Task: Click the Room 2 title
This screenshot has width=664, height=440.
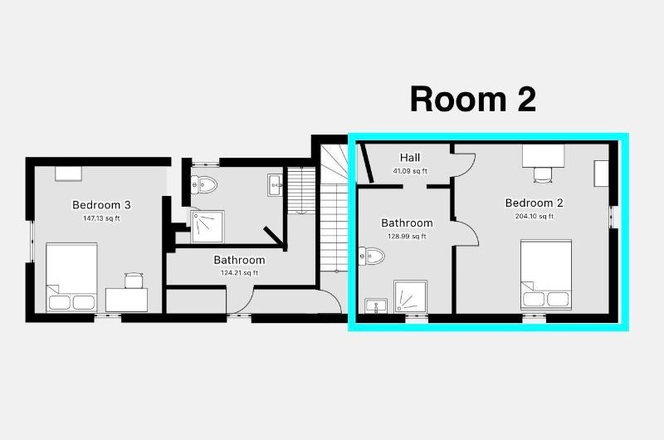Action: (x=473, y=100)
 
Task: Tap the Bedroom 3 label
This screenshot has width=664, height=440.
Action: (x=101, y=205)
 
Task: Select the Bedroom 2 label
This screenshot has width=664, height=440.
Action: (x=534, y=203)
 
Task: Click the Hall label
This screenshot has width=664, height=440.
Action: (x=410, y=158)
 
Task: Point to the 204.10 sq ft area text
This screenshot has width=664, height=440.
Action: (x=534, y=216)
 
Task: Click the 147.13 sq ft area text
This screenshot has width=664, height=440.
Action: (x=101, y=218)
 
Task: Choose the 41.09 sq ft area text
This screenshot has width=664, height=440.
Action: (x=410, y=171)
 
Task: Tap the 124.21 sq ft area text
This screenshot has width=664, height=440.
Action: (x=239, y=273)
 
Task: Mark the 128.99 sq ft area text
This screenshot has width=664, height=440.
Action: (x=407, y=237)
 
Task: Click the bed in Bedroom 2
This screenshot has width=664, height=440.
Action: (x=546, y=275)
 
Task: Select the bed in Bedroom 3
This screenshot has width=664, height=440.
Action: (x=71, y=277)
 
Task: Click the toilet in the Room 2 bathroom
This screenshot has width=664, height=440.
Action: (x=371, y=256)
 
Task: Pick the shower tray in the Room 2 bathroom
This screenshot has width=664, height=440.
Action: (x=410, y=297)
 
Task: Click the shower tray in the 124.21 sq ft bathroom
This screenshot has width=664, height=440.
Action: (x=207, y=227)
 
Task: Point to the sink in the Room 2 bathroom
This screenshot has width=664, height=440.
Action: (x=376, y=306)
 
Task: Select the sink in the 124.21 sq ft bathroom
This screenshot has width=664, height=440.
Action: (x=276, y=185)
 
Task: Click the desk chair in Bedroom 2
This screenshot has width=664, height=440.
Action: (x=544, y=175)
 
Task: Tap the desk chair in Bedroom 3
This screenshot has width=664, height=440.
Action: (x=134, y=281)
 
